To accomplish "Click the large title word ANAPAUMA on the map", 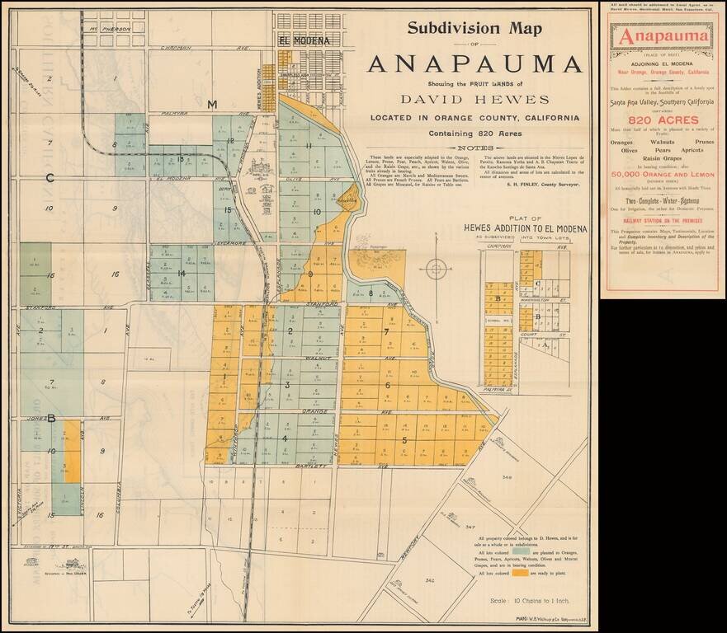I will pos(473,63).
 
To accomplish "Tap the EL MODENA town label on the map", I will pos(304,40).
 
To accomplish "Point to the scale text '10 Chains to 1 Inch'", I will pos(523,600).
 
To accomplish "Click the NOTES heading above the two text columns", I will pos(473,148).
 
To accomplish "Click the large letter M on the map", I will pos(212,104).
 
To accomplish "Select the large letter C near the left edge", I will pos(50,177).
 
